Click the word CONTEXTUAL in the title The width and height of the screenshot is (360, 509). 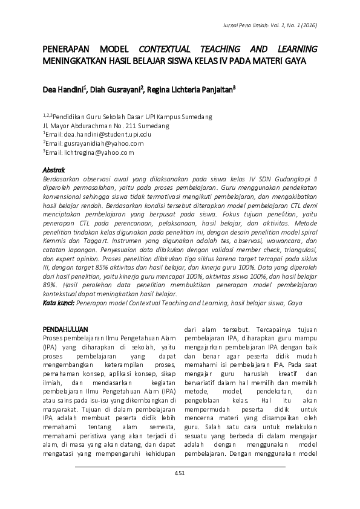[166, 49]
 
